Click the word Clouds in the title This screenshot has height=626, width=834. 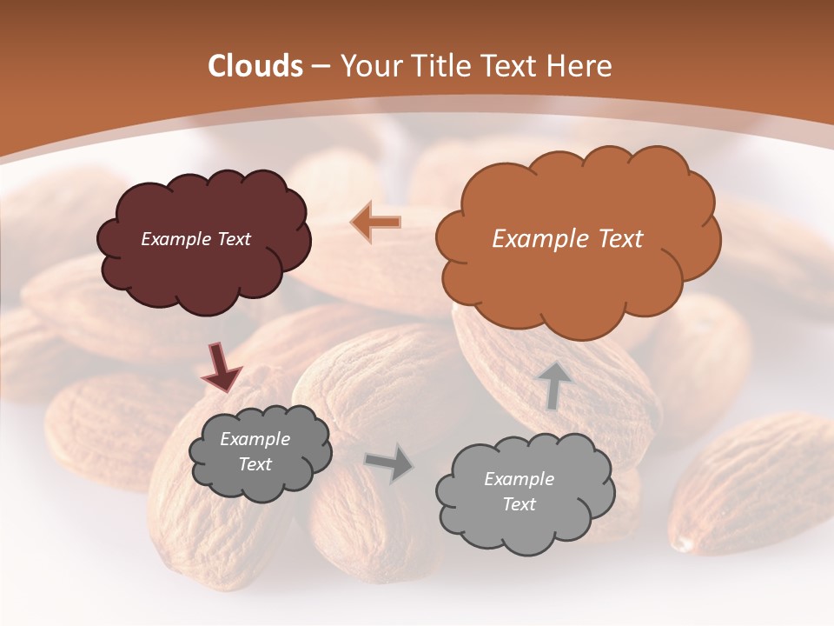pyautogui.click(x=255, y=65)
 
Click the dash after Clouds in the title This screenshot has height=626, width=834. pyautogui.click(x=321, y=67)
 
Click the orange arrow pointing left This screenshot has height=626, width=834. pyautogui.click(x=376, y=223)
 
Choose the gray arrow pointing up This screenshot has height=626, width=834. pyautogui.click(x=554, y=385)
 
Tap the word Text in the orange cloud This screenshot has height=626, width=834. pyautogui.click(x=614, y=239)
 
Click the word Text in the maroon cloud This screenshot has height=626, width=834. pyautogui.click(x=233, y=239)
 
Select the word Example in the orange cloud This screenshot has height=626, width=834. pyautogui.click(x=534, y=239)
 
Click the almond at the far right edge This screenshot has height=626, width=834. pyautogui.click(x=756, y=487)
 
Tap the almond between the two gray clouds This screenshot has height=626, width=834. pyautogui.click(x=374, y=522)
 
